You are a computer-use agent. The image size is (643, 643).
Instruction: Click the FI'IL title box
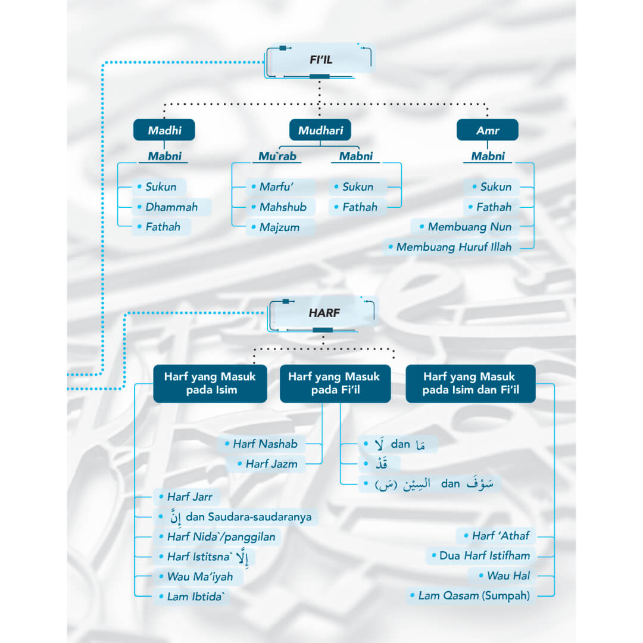[x=320, y=60]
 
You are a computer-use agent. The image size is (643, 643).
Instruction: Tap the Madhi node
[x=164, y=130]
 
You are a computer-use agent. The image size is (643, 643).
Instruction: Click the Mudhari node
[x=320, y=130]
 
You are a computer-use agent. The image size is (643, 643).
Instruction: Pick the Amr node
[x=487, y=130]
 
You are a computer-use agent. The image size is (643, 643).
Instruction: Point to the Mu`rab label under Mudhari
[x=277, y=157]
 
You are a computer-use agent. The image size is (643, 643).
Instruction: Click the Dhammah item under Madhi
[x=171, y=207]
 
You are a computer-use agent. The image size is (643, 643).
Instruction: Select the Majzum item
[x=279, y=227]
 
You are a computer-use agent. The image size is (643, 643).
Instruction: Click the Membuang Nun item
[x=469, y=227]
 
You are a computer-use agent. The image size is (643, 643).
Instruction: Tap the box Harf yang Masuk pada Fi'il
[x=335, y=383]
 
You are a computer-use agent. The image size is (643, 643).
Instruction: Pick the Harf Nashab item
[x=265, y=444]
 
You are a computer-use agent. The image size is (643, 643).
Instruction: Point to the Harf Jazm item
[x=271, y=464]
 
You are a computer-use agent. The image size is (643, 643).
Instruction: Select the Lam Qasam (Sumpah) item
[x=473, y=595]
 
